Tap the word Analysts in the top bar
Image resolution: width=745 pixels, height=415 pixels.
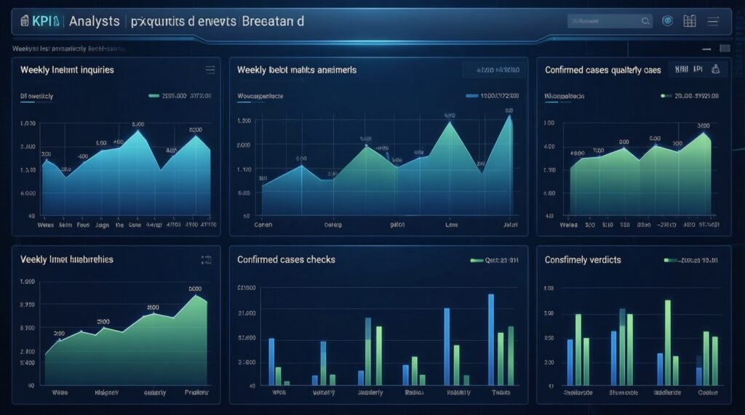94,22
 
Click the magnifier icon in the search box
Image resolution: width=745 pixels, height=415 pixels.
645,22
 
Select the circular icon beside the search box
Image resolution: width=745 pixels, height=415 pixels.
667,22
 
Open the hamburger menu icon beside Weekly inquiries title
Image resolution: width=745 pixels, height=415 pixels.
210,70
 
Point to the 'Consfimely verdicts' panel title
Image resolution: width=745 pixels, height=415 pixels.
583,259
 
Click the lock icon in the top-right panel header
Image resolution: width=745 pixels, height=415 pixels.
715,70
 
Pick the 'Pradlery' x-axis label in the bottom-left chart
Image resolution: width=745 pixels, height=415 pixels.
195,392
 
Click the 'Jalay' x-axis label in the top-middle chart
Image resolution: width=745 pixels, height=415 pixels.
510,225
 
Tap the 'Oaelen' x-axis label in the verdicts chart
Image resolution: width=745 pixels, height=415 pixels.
708,392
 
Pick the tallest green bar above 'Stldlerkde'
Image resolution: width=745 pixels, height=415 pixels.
667,342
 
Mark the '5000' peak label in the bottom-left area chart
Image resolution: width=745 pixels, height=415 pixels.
195,289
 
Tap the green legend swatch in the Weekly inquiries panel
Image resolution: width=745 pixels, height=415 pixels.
154,95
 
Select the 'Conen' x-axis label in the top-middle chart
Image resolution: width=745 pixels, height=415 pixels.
263,225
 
